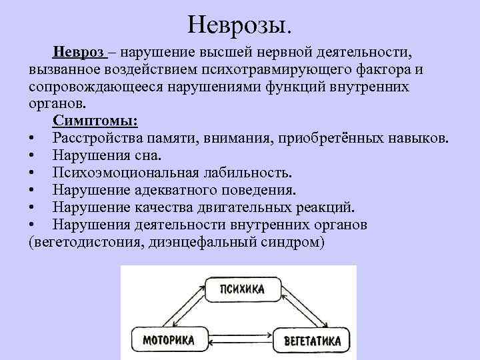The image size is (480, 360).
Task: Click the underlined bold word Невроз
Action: [x=79, y=52]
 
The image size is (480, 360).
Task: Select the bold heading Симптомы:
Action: [x=96, y=121]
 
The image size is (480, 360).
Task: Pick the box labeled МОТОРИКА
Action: [x=168, y=340]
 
